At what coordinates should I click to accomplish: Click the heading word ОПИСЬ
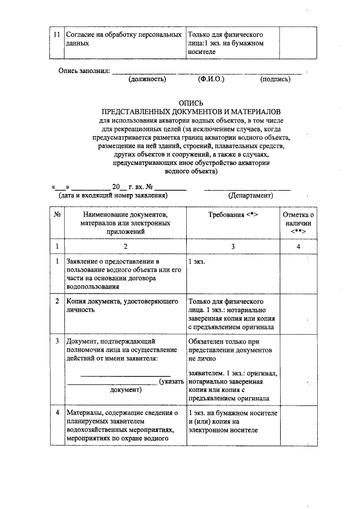[190, 104]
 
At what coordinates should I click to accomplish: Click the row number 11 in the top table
[56, 34]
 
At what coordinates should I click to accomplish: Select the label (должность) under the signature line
[147, 79]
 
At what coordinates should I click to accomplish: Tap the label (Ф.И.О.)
[211, 79]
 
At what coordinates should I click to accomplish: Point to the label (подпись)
[276, 79]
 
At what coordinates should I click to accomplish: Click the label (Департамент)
[250, 196]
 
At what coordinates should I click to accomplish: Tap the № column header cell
[57, 215]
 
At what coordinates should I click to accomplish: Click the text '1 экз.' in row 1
[197, 263]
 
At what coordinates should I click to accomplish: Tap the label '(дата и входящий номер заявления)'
[113, 196]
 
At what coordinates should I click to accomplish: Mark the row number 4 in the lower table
[57, 413]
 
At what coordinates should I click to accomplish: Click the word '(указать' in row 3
[172, 382]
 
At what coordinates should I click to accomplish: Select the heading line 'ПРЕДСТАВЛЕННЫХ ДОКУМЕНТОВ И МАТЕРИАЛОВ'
[190, 112]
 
